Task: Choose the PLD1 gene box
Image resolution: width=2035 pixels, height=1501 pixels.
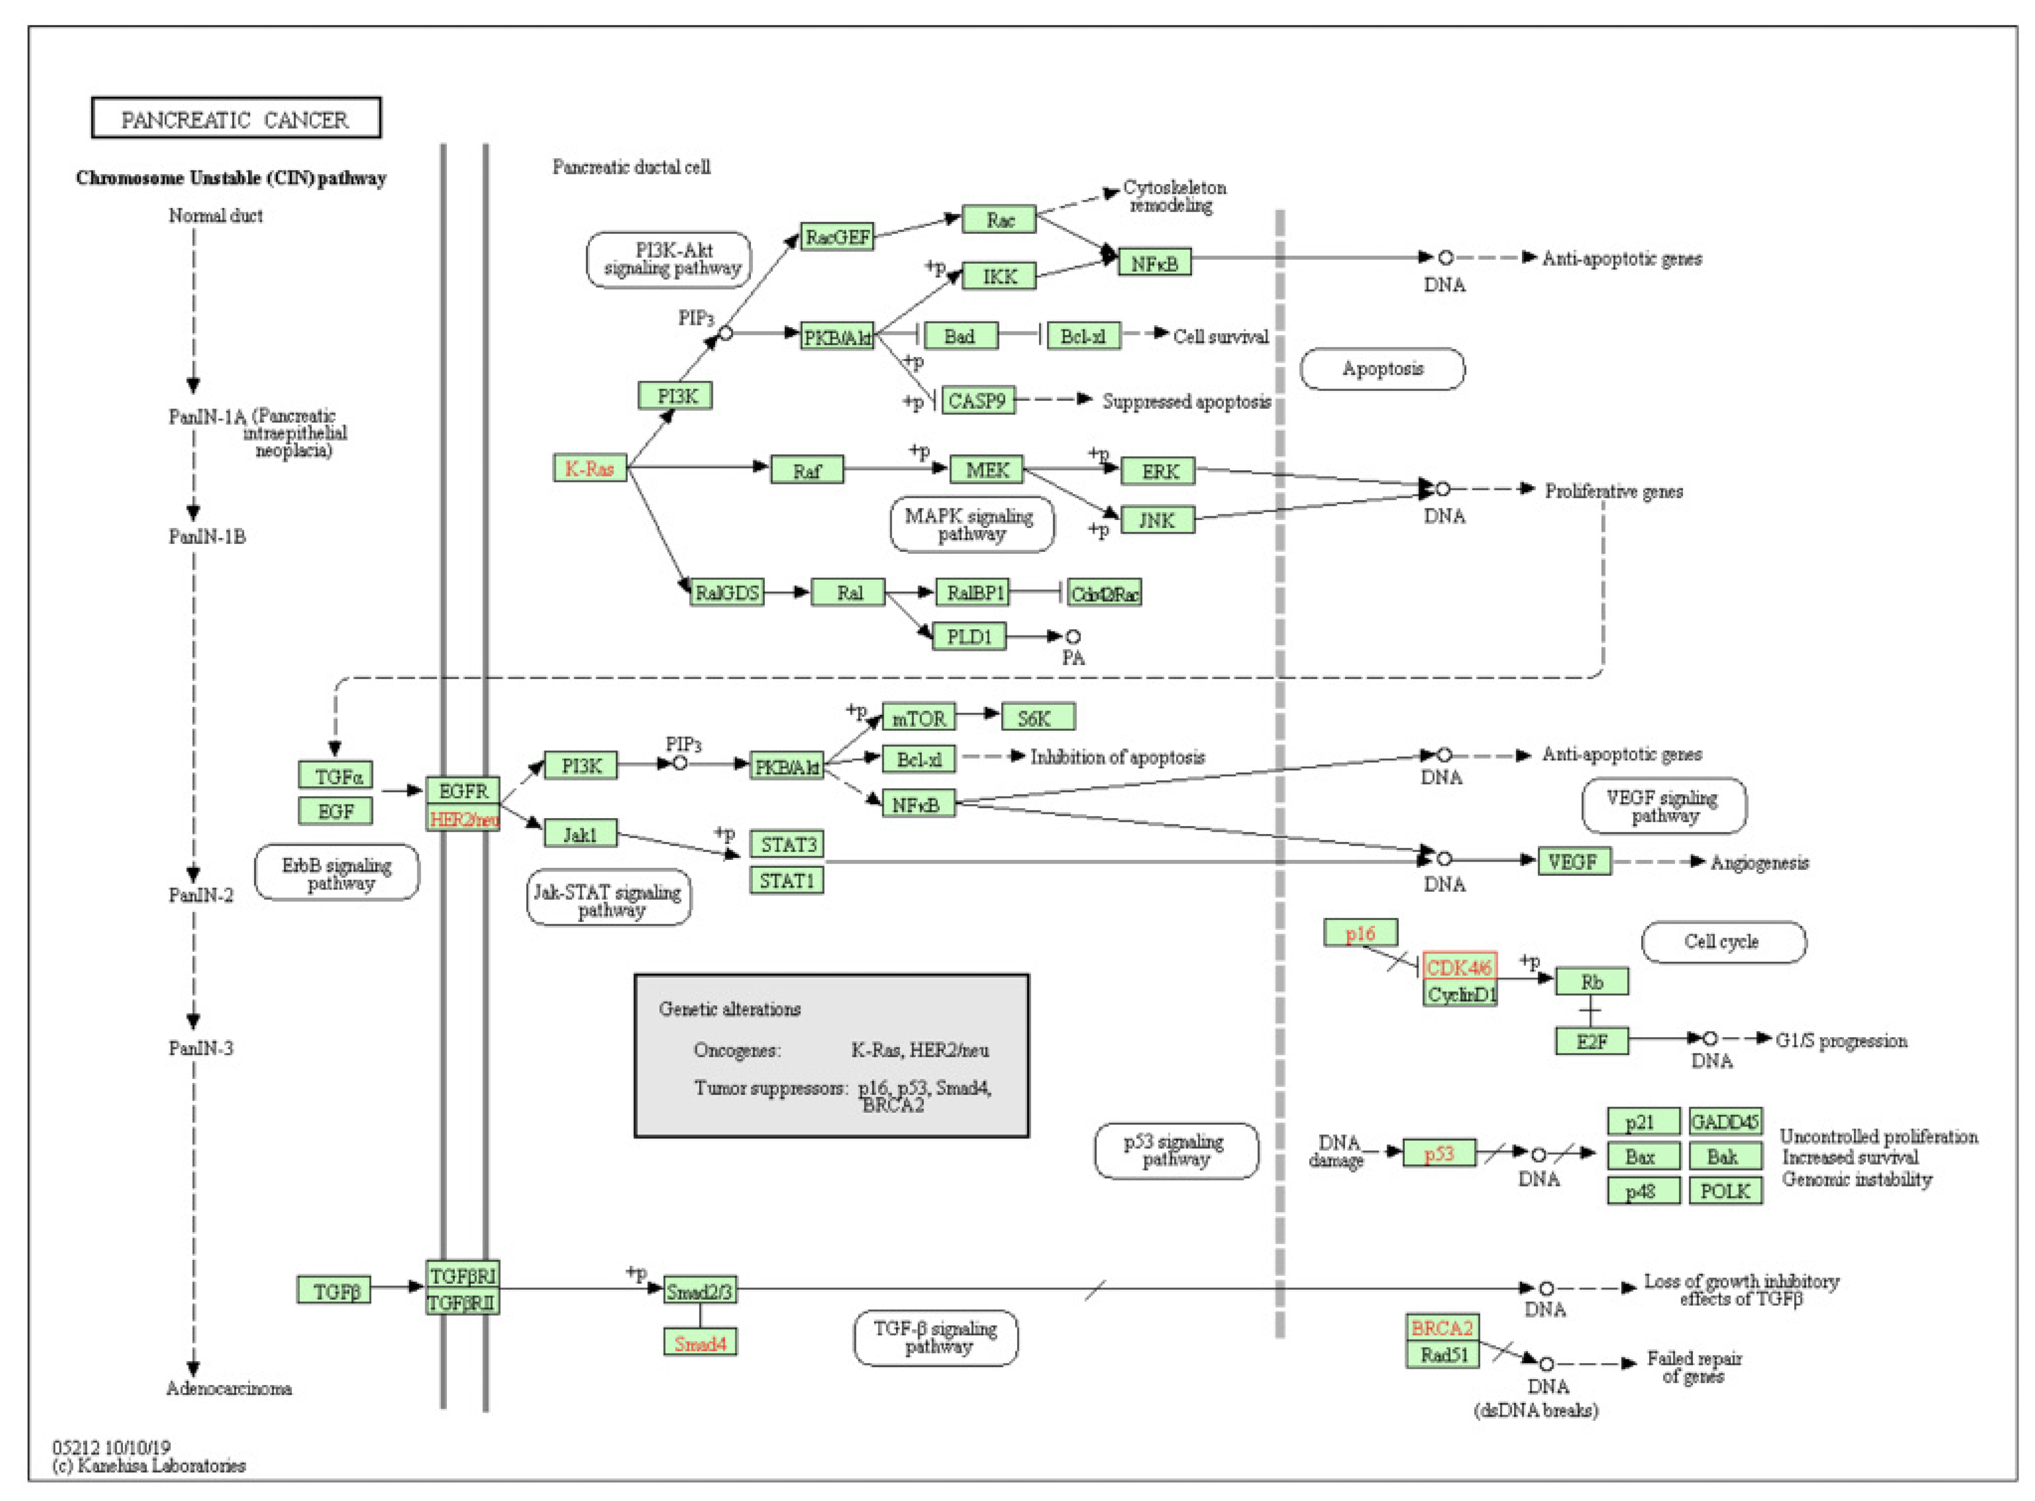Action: [x=969, y=636]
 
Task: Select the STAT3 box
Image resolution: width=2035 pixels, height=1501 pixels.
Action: [x=787, y=844]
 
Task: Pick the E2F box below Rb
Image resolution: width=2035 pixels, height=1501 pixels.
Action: [x=1591, y=1041]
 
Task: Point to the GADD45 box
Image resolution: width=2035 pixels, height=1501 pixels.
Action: [x=1725, y=1122]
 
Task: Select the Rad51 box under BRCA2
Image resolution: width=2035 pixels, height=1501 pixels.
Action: [x=1443, y=1355]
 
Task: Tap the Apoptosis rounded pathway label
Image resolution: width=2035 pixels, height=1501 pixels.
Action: [x=1383, y=369]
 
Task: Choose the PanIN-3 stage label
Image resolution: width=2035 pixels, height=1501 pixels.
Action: [x=201, y=1049]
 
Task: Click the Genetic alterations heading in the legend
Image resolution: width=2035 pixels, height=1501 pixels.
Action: [x=729, y=1009]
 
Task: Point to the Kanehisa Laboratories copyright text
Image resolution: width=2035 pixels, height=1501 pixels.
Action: [x=150, y=1466]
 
